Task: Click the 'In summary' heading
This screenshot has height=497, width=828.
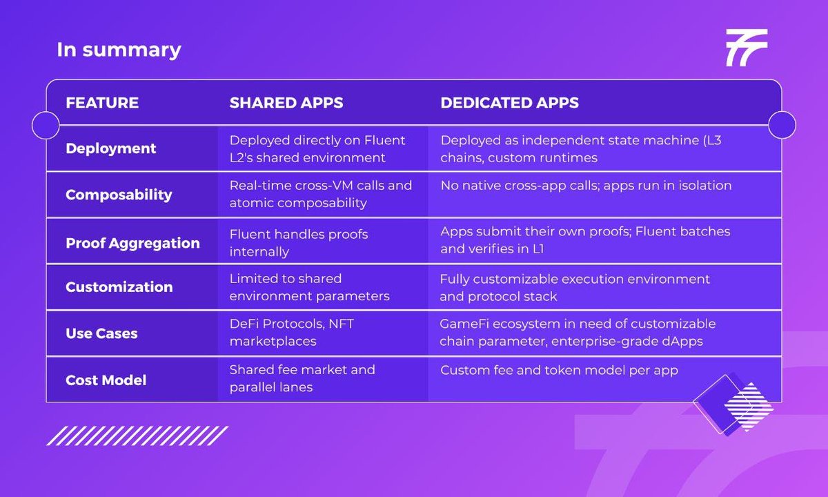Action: (119, 50)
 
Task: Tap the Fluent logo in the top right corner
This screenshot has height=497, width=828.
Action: (746, 48)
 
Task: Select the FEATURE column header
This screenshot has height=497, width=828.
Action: (102, 103)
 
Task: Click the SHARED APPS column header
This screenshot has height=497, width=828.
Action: (286, 103)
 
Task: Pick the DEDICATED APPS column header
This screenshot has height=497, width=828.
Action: (510, 103)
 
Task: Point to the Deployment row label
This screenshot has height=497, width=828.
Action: (110, 148)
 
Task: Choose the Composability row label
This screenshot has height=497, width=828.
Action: (119, 195)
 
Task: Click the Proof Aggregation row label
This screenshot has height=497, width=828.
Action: (132, 243)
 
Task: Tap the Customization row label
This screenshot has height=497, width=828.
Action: (119, 287)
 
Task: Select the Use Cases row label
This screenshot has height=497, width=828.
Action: (101, 333)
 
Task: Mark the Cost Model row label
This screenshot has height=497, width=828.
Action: (106, 380)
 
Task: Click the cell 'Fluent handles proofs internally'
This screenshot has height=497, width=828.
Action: (299, 243)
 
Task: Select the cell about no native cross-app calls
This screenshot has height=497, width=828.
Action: (586, 185)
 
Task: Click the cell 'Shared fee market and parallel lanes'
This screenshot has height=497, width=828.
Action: (302, 378)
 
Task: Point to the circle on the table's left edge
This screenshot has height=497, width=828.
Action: (46, 125)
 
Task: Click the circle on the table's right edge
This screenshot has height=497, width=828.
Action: (782, 125)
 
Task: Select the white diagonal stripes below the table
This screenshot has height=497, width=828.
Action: (137, 436)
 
